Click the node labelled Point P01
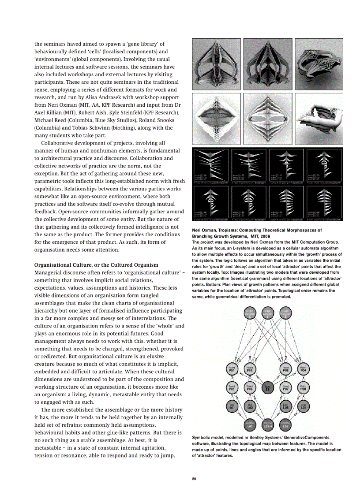(232, 369)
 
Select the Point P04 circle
(303, 369)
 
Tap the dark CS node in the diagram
(267, 388)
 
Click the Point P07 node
(285, 388)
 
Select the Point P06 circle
(249, 388)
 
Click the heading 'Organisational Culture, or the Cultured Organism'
(96, 265)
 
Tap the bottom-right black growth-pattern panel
(324, 203)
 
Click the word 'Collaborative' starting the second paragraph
(59, 143)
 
